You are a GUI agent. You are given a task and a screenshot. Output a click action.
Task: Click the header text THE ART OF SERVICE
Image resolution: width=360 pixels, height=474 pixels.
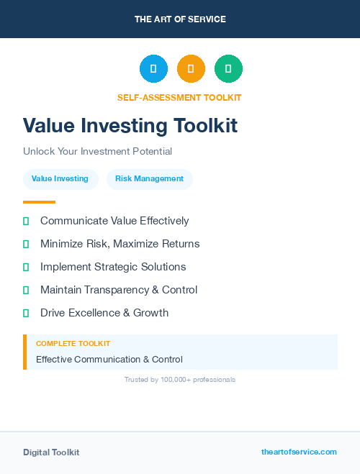180,19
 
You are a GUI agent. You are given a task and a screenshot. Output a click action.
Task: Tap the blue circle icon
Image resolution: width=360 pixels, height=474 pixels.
153,69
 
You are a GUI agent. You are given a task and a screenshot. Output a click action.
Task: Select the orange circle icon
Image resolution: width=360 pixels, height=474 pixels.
191,69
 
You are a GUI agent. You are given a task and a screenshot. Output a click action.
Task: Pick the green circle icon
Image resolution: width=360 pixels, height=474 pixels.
228,69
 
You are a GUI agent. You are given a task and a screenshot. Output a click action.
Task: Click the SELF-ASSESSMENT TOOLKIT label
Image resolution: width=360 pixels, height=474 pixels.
179,98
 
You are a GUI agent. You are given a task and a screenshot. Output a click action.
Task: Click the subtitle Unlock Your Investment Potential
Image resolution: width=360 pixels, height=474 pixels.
97,152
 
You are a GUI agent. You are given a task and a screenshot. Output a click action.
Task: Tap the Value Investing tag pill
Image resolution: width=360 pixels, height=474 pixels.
60,179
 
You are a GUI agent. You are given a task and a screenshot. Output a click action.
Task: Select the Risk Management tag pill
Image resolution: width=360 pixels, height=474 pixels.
149,179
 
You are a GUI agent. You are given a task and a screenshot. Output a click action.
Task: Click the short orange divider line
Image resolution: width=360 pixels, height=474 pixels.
39,202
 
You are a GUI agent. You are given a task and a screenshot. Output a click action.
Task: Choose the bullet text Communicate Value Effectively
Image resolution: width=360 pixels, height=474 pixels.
114,221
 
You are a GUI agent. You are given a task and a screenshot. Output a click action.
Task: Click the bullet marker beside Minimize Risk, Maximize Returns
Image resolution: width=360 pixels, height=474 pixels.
26,245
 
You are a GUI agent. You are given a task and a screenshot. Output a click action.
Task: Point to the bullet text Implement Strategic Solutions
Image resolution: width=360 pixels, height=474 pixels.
113,267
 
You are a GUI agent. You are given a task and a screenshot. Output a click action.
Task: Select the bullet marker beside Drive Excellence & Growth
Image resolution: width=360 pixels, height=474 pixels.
26,314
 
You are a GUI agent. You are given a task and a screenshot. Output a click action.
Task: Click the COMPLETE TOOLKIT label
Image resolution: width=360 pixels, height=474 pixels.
73,344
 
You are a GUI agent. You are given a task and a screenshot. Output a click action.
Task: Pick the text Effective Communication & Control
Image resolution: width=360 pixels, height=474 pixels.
109,360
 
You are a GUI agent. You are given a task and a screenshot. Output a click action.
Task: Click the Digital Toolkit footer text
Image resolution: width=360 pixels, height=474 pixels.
51,452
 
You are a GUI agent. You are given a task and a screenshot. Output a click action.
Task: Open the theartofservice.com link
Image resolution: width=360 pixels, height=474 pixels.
299,452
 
